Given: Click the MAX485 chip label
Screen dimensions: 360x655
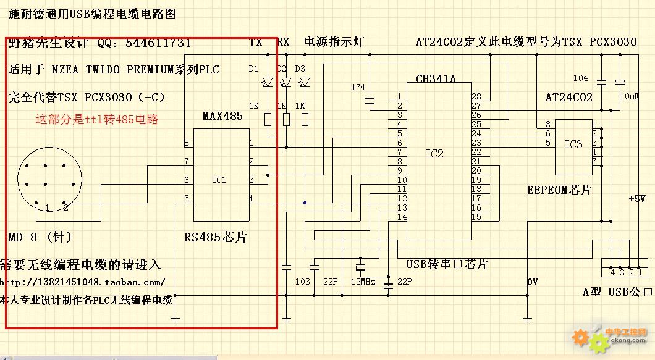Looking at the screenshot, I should [x=222, y=116].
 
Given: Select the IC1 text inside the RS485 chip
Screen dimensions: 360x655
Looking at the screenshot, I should [x=219, y=180].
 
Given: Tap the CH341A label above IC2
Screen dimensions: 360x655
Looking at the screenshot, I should [x=436, y=79].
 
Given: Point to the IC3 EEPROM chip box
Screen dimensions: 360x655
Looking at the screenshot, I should [x=573, y=147].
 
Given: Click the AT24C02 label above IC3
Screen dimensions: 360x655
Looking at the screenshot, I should [x=568, y=98].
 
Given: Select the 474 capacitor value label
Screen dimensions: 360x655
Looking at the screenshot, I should [x=358, y=88].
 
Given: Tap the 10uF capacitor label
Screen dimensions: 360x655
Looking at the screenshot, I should [x=630, y=97].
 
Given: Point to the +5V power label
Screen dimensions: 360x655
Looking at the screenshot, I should [x=636, y=199].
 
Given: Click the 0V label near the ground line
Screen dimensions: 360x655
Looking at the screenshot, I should [x=532, y=282].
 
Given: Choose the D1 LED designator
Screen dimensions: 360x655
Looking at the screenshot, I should [x=253, y=69].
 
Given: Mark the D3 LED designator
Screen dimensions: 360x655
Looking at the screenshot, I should [x=300, y=69].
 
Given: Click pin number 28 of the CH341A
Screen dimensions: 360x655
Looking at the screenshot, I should [x=476, y=97].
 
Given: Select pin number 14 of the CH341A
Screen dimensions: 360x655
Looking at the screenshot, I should [x=402, y=217].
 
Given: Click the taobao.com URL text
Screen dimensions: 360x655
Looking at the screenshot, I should [x=83, y=282].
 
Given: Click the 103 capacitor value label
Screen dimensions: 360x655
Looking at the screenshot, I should [x=302, y=282].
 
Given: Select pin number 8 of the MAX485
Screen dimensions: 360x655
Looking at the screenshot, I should [x=186, y=143].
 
